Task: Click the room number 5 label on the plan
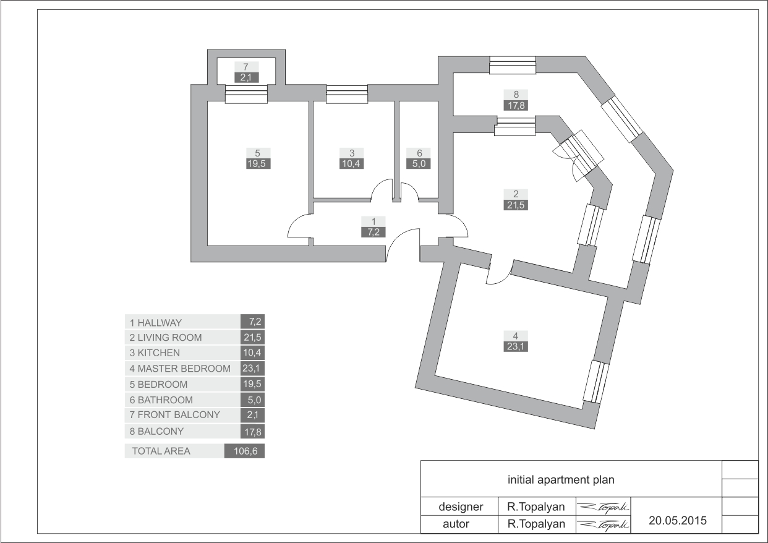(x=258, y=153)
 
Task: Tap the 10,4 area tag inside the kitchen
(x=351, y=163)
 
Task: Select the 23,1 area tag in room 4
(x=515, y=346)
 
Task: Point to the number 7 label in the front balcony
(x=246, y=67)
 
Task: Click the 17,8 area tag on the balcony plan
(x=516, y=105)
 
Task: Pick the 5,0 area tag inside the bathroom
(x=419, y=163)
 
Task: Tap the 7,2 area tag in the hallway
(x=373, y=232)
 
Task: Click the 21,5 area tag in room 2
(x=516, y=205)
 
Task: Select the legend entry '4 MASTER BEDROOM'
(x=180, y=369)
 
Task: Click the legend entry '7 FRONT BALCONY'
(x=174, y=415)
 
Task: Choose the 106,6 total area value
(x=244, y=451)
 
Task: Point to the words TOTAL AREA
(x=161, y=451)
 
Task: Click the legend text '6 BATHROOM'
(x=161, y=400)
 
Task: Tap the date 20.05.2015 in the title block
(x=678, y=520)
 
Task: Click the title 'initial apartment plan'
(x=561, y=479)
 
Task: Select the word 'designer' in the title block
(x=461, y=507)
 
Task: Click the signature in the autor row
(x=604, y=524)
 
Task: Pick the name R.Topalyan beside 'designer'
(x=536, y=507)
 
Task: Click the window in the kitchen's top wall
(x=347, y=94)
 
